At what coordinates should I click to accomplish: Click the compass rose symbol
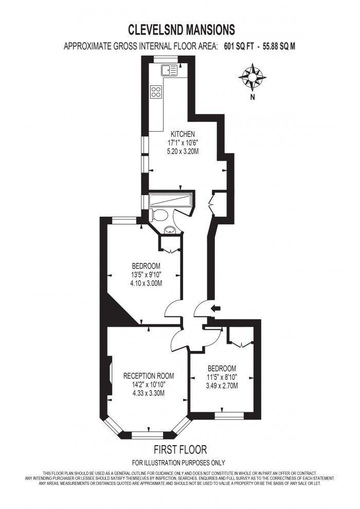tap(252, 77)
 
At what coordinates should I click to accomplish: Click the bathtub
tap(170, 200)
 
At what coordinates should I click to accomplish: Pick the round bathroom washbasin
tap(169, 230)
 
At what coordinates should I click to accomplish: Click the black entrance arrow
tap(216, 308)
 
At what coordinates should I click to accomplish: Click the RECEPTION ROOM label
tap(149, 375)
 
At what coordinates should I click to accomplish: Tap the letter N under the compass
tap(252, 97)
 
